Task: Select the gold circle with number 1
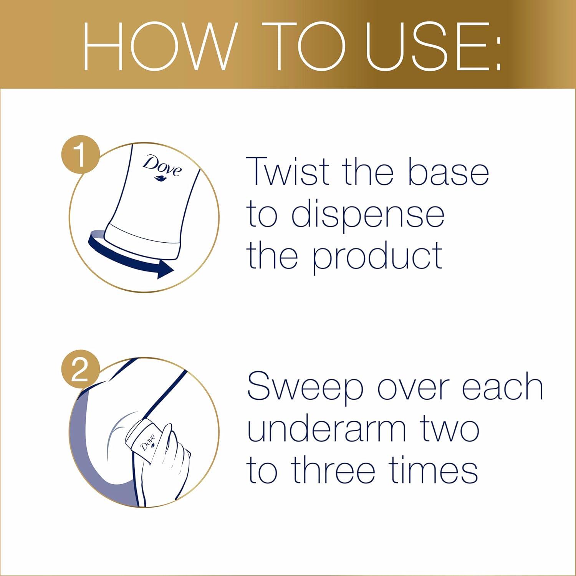click(80, 154)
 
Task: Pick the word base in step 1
click(448, 172)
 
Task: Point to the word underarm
click(326, 429)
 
